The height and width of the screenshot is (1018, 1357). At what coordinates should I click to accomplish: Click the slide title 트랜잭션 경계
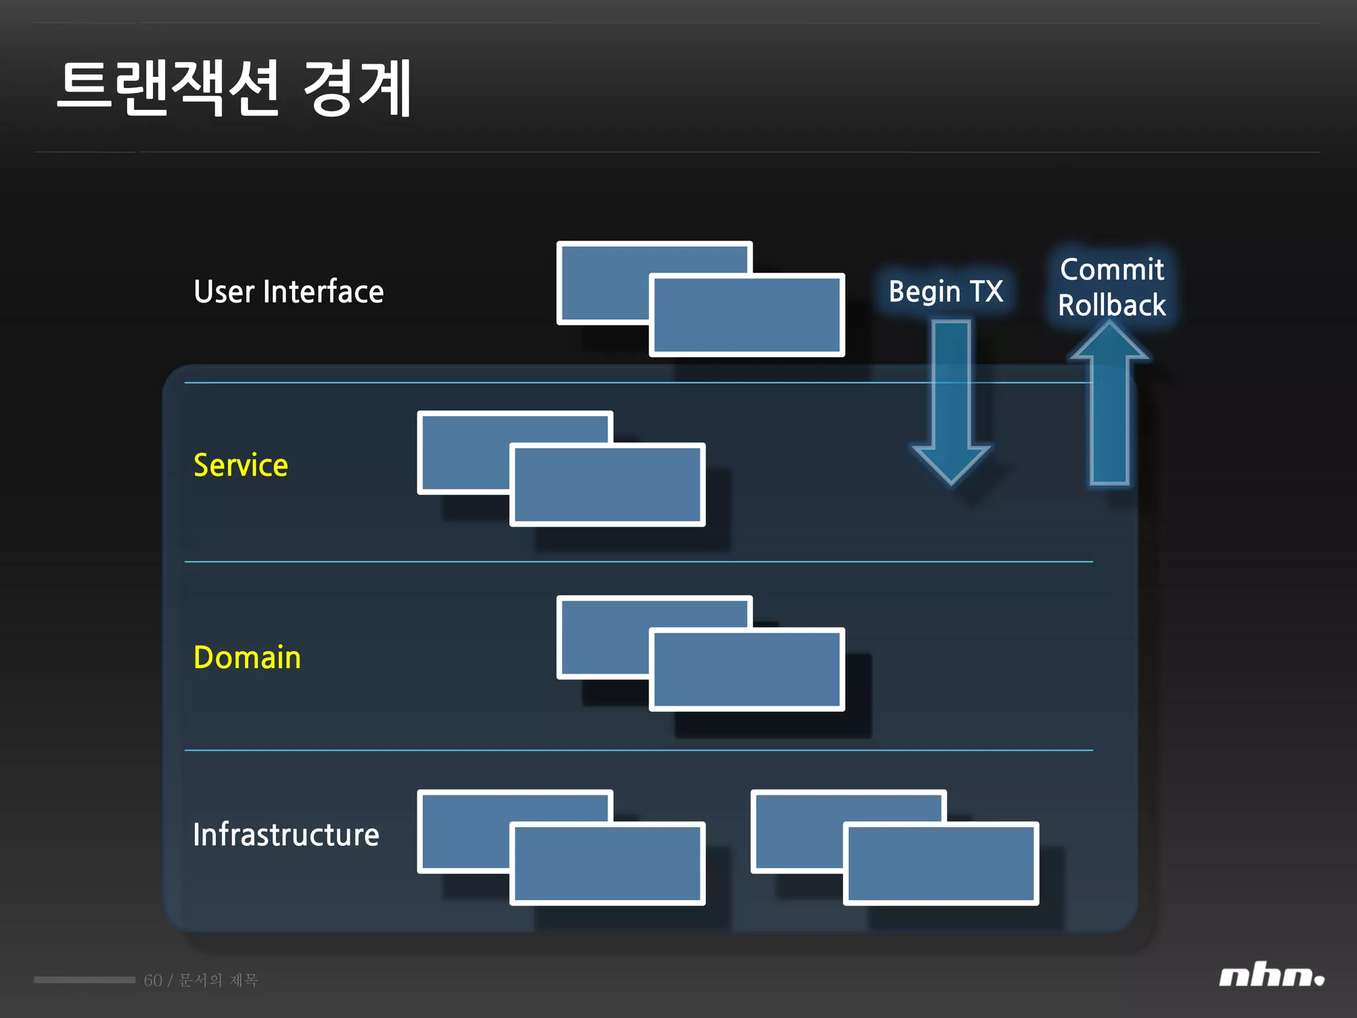coord(235,88)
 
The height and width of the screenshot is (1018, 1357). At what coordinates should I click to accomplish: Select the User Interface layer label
coord(288,292)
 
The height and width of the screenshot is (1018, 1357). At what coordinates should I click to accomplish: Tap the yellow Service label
coord(241,465)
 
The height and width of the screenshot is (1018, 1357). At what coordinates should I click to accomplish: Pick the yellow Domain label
coord(247,657)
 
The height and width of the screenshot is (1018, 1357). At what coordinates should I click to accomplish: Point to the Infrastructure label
coord(286,834)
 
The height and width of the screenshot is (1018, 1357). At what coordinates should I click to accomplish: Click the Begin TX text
coord(946,292)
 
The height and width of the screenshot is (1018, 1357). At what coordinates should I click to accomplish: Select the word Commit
coord(1112,270)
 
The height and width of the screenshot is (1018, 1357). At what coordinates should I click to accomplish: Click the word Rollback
coord(1112,306)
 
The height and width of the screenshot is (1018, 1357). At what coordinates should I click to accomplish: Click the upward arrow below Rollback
coord(1110,411)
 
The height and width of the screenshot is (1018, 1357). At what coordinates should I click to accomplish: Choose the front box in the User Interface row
coord(747,315)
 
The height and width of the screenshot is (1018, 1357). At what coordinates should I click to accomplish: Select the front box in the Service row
coord(607,485)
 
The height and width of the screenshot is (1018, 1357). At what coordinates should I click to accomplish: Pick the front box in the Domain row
coord(747,669)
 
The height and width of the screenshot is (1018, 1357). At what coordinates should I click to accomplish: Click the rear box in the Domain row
coord(603,636)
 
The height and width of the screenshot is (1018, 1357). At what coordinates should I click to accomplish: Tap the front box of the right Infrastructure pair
coord(941,864)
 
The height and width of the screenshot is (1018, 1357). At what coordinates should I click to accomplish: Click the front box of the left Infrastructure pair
coord(607,864)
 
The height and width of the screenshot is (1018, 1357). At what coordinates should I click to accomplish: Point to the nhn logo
coord(1271,976)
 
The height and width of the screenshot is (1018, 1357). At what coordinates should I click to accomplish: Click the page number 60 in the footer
coord(153,980)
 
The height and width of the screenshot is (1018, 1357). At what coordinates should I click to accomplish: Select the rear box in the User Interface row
coord(603,282)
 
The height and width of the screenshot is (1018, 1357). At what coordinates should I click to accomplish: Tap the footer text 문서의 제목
coord(219,980)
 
